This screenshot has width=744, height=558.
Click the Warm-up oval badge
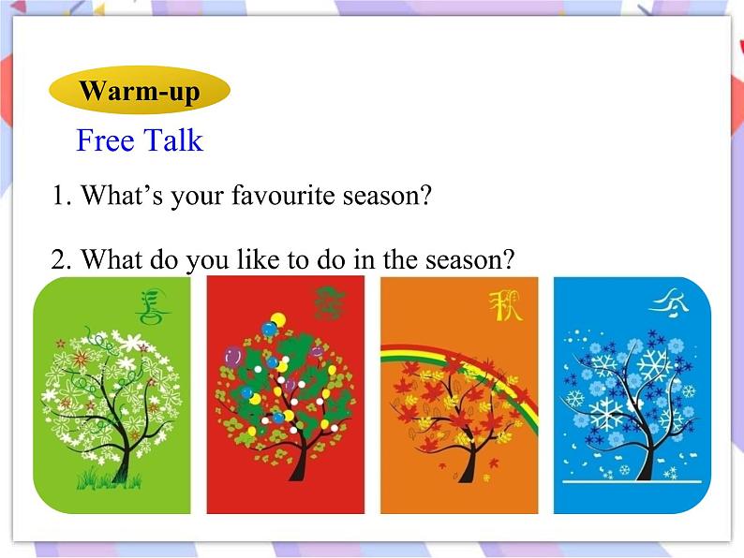[139, 91]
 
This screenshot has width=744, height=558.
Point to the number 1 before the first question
[60, 197]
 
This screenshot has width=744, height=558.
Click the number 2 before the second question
[60, 259]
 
